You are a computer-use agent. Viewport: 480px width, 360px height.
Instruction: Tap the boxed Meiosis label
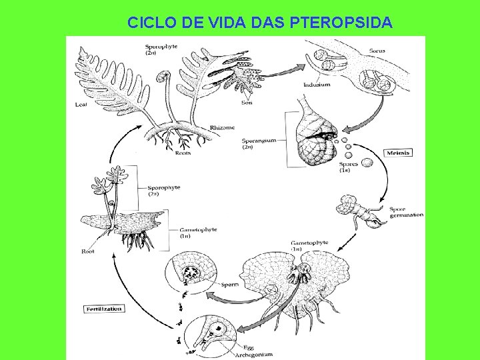pos(398,153)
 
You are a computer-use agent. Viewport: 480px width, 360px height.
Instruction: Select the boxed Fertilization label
pos(103,309)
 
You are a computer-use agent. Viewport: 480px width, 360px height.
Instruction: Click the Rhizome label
pos(222,127)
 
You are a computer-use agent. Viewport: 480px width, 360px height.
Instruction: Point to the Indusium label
pos(316,85)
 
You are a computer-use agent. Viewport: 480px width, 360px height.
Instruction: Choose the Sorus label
pos(377,51)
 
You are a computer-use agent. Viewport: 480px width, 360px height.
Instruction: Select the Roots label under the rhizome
pos(182,153)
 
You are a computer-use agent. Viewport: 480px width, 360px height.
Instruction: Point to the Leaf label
pos(81,105)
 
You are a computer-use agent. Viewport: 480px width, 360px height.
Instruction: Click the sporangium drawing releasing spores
pos(311,137)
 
